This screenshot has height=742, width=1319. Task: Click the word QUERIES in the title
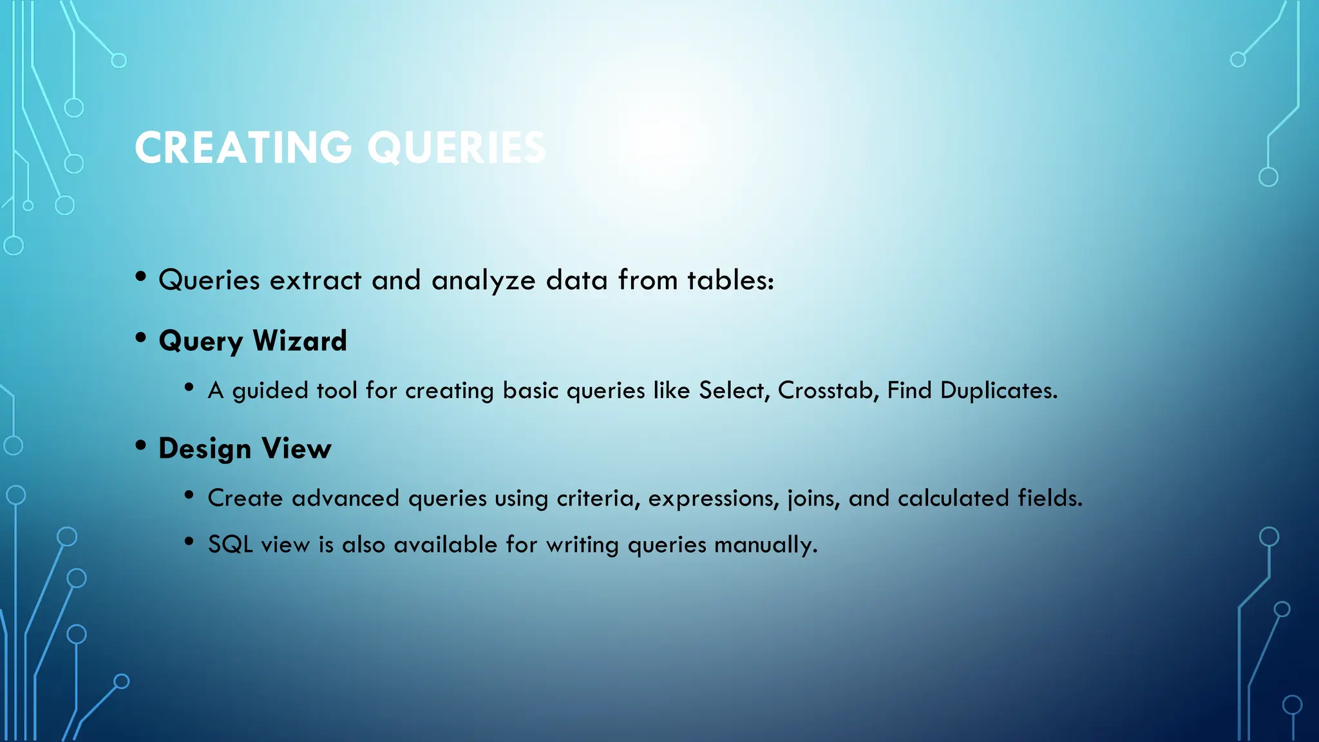[x=457, y=147]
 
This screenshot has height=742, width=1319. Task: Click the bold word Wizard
[x=299, y=340]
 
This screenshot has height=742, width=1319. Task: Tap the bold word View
[x=296, y=448]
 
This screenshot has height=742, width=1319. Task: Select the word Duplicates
[x=998, y=390]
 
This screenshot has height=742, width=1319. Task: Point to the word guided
[x=270, y=391]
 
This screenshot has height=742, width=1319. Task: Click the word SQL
[x=230, y=545]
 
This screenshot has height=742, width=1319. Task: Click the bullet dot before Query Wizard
[x=141, y=338]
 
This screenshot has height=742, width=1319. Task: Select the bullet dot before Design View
[x=141, y=446]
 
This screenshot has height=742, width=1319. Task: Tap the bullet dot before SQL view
[x=189, y=542]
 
